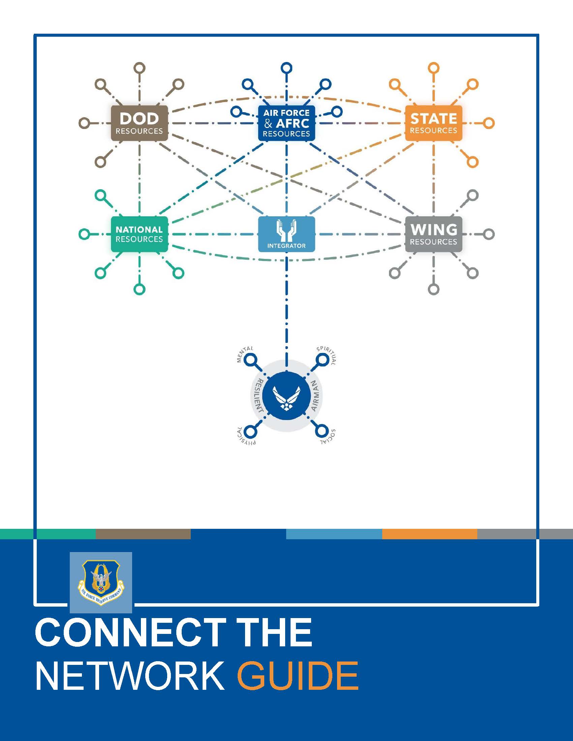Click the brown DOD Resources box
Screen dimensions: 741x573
pos(139,123)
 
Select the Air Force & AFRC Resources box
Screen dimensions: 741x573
pos(286,123)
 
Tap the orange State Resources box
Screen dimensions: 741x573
pos(433,123)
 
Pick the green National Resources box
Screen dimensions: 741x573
pos(139,234)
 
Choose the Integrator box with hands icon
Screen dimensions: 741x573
pos(286,234)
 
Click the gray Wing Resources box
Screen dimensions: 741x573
pos(433,234)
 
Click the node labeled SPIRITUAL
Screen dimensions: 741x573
pos(322,359)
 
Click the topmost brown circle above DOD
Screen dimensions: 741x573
pos(139,68)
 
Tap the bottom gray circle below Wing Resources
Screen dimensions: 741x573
pos(433,289)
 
